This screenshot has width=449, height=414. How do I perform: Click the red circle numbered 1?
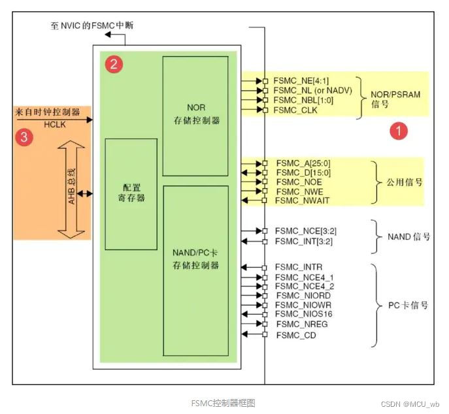(x=399, y=131)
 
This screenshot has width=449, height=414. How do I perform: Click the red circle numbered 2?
(x=114, y=63)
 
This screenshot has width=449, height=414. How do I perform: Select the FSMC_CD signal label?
(x=295, y=334)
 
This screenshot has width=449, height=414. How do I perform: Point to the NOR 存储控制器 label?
(x=195, y=114)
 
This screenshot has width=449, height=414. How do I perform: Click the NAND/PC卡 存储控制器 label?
(x=195, y=259)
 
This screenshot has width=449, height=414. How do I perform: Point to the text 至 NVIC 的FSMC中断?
(x=93, y=25)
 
